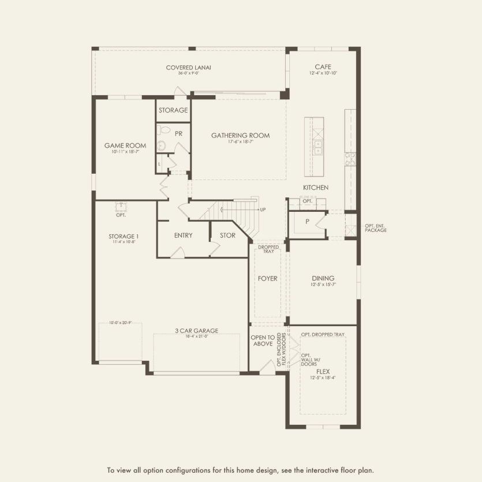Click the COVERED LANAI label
coord(188,68)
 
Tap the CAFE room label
coord(323,66)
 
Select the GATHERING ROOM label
coord(240,136)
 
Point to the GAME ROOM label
coord(125,145)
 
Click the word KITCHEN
coord(316,188)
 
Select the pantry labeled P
coord(307,221)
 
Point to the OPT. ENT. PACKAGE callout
coord(375,228)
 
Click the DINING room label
coord(323,278)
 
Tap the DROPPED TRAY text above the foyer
coord(268,249)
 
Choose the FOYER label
coord(268,278)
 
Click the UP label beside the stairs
coord(263,210)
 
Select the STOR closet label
coord(227,236)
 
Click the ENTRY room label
coord(183,236)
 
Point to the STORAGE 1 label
coord(124,236)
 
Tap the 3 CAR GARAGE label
coord(196,331)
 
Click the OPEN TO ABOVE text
coord(262,341)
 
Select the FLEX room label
coord(323,372)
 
